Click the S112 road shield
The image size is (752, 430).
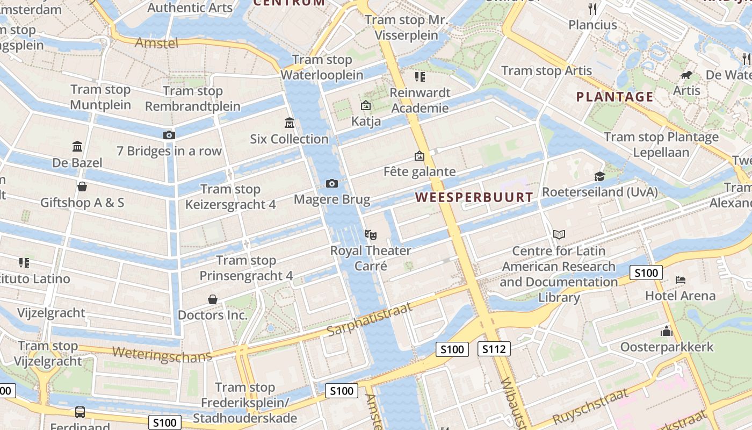pos(494,349)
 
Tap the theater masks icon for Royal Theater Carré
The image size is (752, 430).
pos(370,234)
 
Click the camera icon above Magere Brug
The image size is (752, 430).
pos(332,184)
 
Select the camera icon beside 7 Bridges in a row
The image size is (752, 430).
pos(169,135)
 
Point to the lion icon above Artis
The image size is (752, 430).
pos(686,75)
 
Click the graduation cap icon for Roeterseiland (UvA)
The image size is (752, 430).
pos(599,176)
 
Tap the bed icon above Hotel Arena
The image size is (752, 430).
pos(681,279)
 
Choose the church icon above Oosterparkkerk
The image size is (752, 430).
pos(667,331)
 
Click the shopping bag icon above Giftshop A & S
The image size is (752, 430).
pos(82,187)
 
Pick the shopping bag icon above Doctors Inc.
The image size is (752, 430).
pos(213,299)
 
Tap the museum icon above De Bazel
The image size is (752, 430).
pos(77,146)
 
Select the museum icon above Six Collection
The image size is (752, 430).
pos(290,123)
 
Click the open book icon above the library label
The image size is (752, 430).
pos(559,234)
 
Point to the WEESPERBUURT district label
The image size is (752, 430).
pos(474,197)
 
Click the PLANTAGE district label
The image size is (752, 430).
pos(614,97)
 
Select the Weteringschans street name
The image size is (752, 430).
pos(162,355)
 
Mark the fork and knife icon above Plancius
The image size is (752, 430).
pos(592,9)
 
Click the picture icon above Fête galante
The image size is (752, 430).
pos(419,156)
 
